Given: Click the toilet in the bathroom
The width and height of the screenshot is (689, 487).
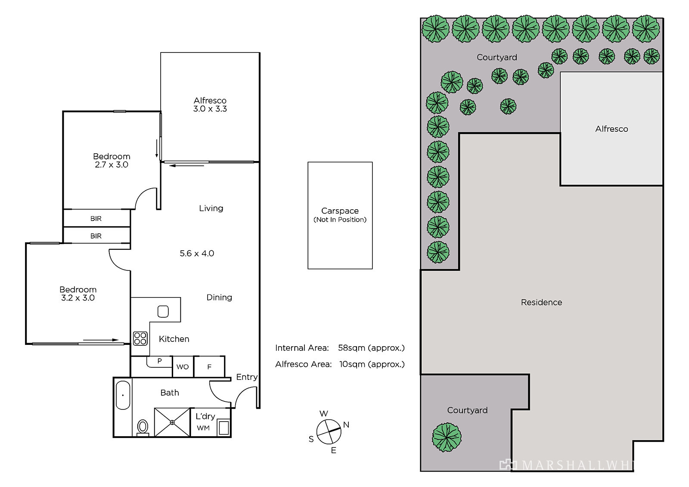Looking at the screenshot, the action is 143,428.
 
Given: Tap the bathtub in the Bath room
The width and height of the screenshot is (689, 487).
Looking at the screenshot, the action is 123,395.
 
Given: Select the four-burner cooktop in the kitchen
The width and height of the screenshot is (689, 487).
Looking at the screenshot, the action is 140,338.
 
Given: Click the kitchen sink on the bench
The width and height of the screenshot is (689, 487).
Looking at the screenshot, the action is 163,311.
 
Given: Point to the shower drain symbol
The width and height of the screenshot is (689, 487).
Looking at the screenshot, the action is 172,422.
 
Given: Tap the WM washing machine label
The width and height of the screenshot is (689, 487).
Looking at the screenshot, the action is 203,428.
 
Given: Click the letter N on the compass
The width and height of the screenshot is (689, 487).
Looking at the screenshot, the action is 346,425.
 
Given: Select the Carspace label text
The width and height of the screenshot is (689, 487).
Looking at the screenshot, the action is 340,211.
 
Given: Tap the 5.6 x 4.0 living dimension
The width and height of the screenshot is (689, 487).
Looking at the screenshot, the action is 197,253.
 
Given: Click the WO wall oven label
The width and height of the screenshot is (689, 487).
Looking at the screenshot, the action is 183,367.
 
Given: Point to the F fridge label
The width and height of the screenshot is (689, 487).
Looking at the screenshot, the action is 209,367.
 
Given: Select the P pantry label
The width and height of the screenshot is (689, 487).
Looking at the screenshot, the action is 160,361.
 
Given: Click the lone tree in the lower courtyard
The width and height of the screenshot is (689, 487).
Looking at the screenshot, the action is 447,437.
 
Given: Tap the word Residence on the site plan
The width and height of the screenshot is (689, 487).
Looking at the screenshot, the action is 541,302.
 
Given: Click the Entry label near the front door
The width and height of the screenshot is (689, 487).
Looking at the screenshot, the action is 247,377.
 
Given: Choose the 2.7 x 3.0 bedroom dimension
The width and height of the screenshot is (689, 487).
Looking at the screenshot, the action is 112,164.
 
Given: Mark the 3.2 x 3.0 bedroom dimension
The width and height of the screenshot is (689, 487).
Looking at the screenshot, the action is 78,298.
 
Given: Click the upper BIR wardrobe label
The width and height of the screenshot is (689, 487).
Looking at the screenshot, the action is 96,218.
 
